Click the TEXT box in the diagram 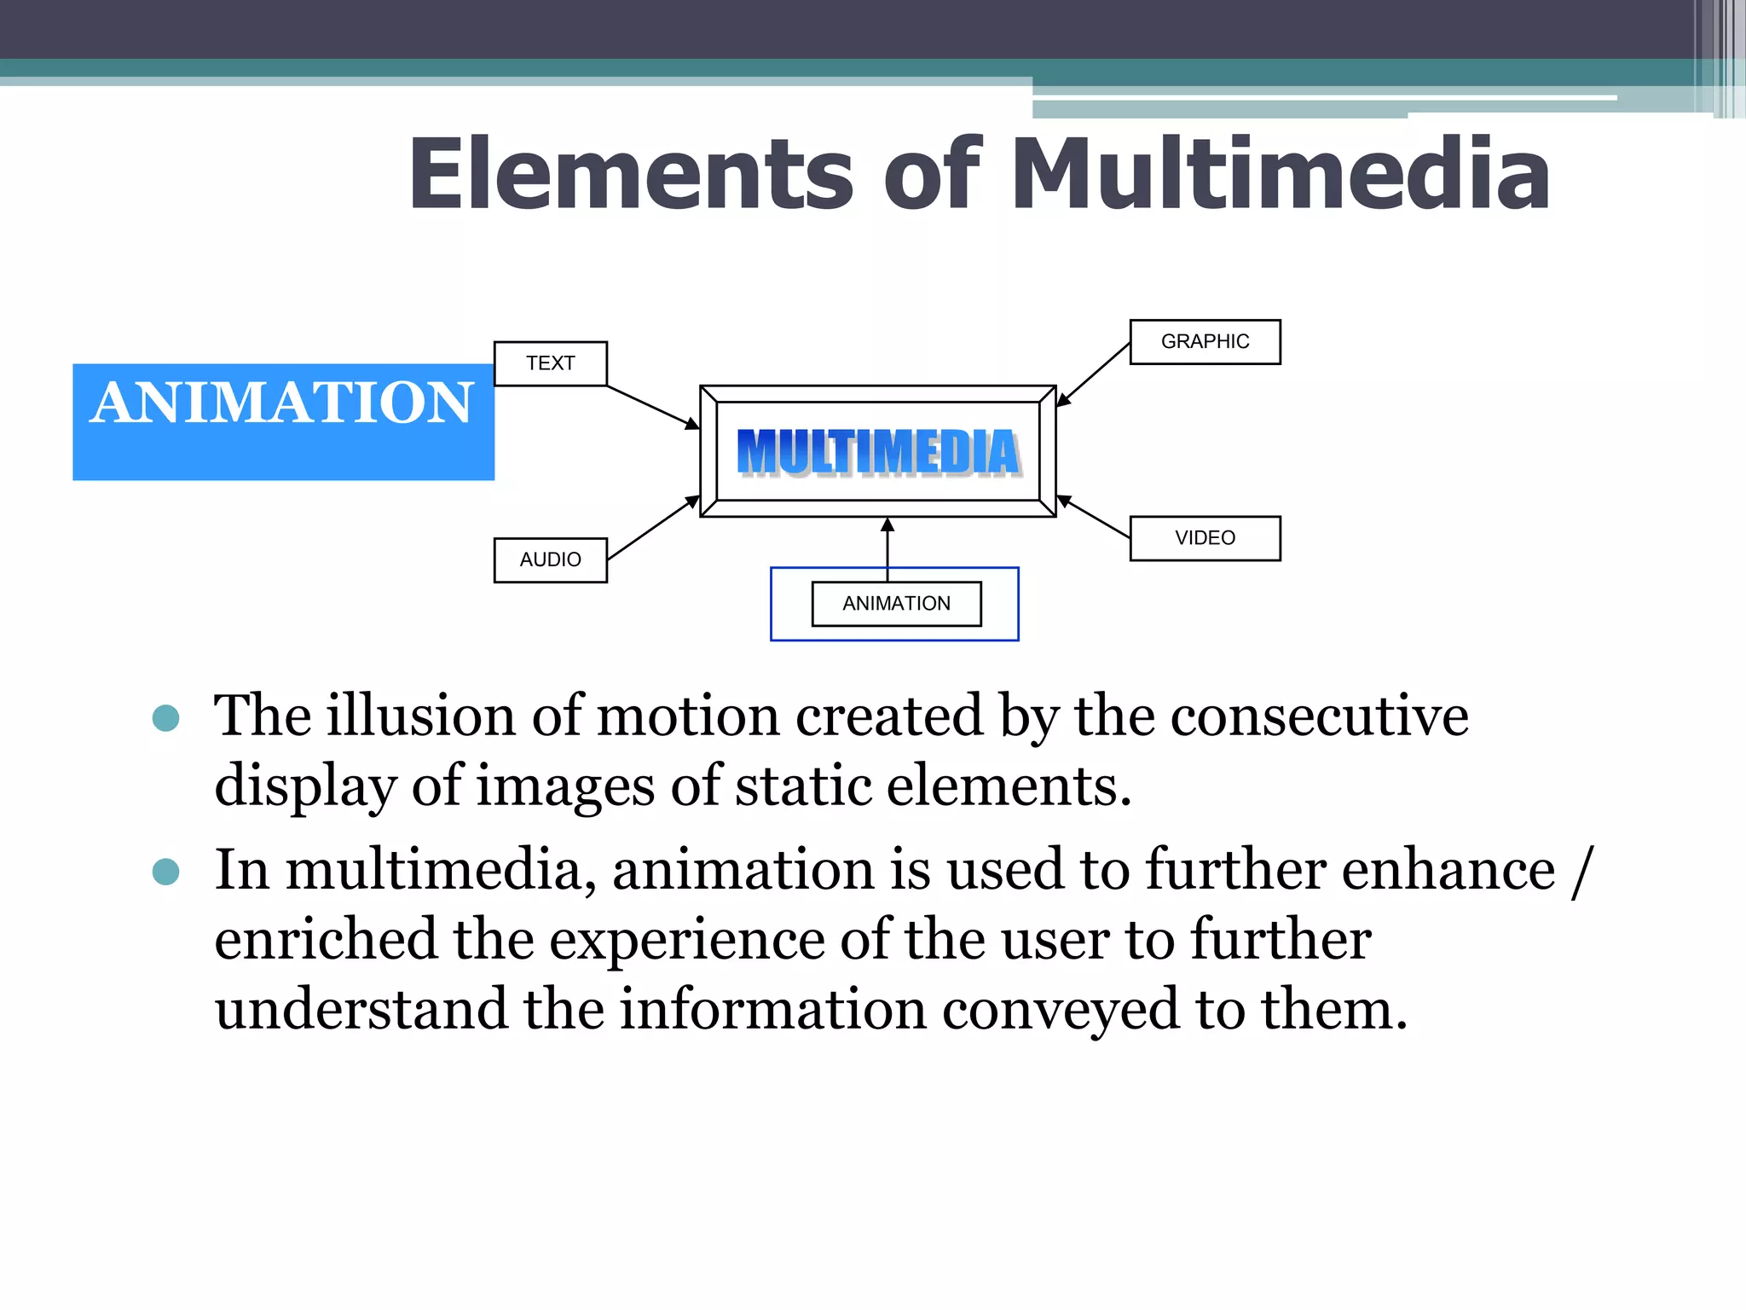pyautogui.click(x=550, y=363)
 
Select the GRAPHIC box pyautogui.click(x=1205, y=341)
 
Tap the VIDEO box pyautogui.click(x=1205, y=538)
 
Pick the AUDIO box pyautogui.click(x=550, y=559)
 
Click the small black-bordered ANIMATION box pyautogui.click(x=896, y=604)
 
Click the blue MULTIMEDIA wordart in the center pyautogui.click(x=878, y=452)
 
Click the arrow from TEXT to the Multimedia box pyautogui.click(x=653, y=407)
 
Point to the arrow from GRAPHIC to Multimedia pyautogui.click(x=1094, y=374)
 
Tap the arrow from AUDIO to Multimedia pyautogui.click(x=653, y=528)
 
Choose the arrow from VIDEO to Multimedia pyautogui.click(x=1094, y=517)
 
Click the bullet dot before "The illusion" pyautogui.click(x=165, y=718)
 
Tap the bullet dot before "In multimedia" pyautogui.click(x=165, y=872)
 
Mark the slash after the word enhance pyautogui.click(x=1582, y=870)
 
